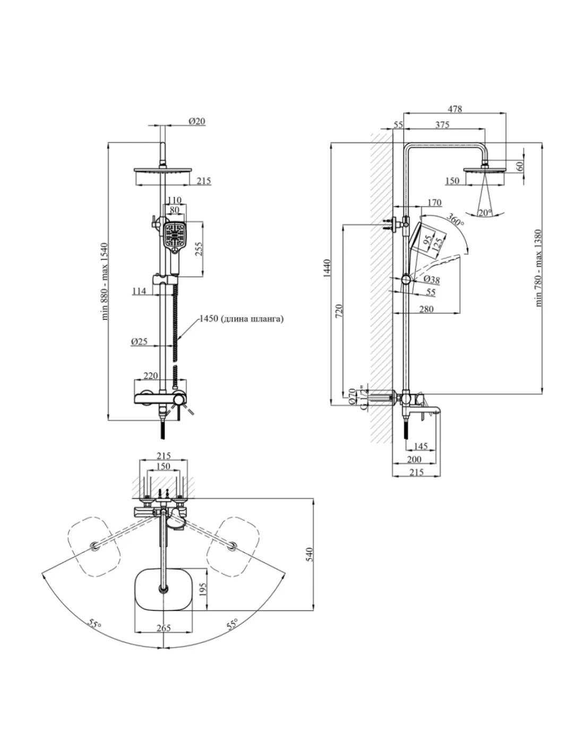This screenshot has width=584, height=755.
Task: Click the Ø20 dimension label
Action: click(x=196, y=121)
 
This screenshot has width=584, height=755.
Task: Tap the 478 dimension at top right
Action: click(x=454, y=109)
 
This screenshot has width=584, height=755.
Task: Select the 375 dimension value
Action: click(x=442, y=124)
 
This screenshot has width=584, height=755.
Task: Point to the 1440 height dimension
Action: click(x=327, y=268)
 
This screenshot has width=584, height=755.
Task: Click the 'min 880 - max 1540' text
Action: click(x=105, y=281)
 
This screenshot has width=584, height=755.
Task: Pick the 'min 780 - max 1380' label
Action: click(x=538, y=268)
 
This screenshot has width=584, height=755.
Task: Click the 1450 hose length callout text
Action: click(x=241, y=319)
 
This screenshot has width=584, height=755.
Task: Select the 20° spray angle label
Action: click(x=485, y=212)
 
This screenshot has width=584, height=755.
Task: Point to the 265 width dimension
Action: click(x=164, y=628)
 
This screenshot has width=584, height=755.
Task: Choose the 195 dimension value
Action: click(x=203, y=589)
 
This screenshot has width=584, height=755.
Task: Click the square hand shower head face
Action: click(x=175, y=234)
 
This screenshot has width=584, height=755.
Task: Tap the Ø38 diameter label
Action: click(x=432, y=279)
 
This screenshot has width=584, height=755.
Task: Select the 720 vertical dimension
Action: click(x=339, y=311)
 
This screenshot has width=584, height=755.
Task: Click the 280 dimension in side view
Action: click(x=426, y=308)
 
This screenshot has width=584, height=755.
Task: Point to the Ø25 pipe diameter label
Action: click(x=139, y=341)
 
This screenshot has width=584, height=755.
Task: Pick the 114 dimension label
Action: click(x=139, y=290)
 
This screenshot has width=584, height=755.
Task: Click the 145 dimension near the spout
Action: click(x=420, y=446)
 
